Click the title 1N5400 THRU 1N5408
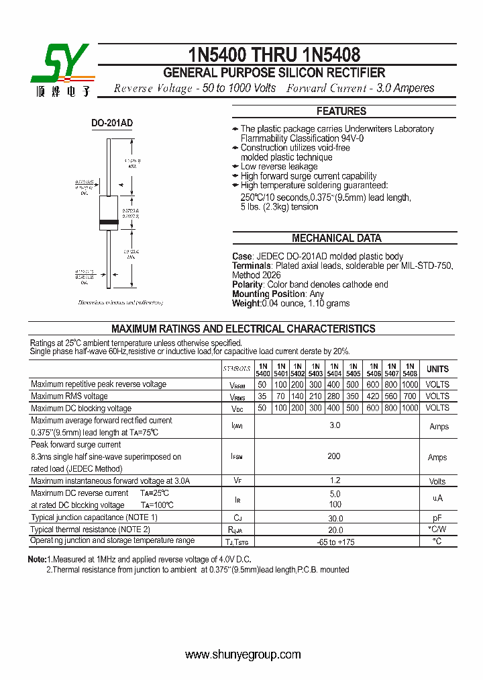point(274,54)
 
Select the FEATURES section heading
point(341,112)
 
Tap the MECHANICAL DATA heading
point(337,238)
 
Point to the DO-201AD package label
point(112,123)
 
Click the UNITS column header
point(437,370)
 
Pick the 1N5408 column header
point(410,370)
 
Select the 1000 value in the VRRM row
point(410,384)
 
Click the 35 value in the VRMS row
point(262,396)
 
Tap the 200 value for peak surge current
point(334,456)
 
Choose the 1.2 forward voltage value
point(335,480)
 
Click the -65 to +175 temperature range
point(335,541)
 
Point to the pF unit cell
point(437,518)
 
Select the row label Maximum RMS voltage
point(69,396)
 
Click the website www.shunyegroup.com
point(243,654)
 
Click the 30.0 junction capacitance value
point(335,518)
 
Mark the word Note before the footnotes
point(36,559)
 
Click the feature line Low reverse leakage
point(279,167)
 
